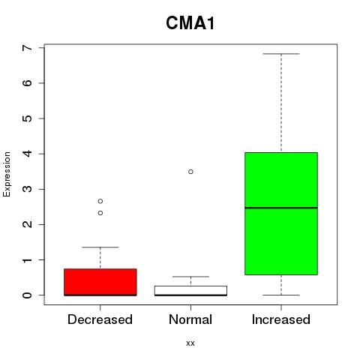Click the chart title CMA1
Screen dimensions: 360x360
tap(190, 23)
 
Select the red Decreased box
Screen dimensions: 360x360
tap(100, 282)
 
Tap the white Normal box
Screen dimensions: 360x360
tap(190, 291)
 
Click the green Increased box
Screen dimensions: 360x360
tap(281, 214)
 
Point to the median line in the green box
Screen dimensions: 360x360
tap(281, 208)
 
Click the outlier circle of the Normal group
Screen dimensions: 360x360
tap(190, 172)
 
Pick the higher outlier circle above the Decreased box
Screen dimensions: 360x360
tap(100, 201)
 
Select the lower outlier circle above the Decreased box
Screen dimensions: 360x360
tap(100, 213)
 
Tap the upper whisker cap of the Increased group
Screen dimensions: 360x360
tap(281, 54)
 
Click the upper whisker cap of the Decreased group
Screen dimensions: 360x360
tap(100, 247)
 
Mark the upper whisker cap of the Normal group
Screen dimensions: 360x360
tap(190, 277)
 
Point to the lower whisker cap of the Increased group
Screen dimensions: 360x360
tap(281, 295)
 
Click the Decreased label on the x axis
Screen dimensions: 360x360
tap(100, 319)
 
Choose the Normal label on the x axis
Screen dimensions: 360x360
tap(190, 319)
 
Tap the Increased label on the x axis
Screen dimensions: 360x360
tap(281, 319)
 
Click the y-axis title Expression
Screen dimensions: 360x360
tap(7, 174)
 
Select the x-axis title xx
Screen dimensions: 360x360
tap(190, 343)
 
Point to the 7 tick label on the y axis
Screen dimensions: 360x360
tap(28, 47)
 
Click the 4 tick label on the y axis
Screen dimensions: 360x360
tap(28, 154)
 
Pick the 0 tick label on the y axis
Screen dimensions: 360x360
tap(28, 295)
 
